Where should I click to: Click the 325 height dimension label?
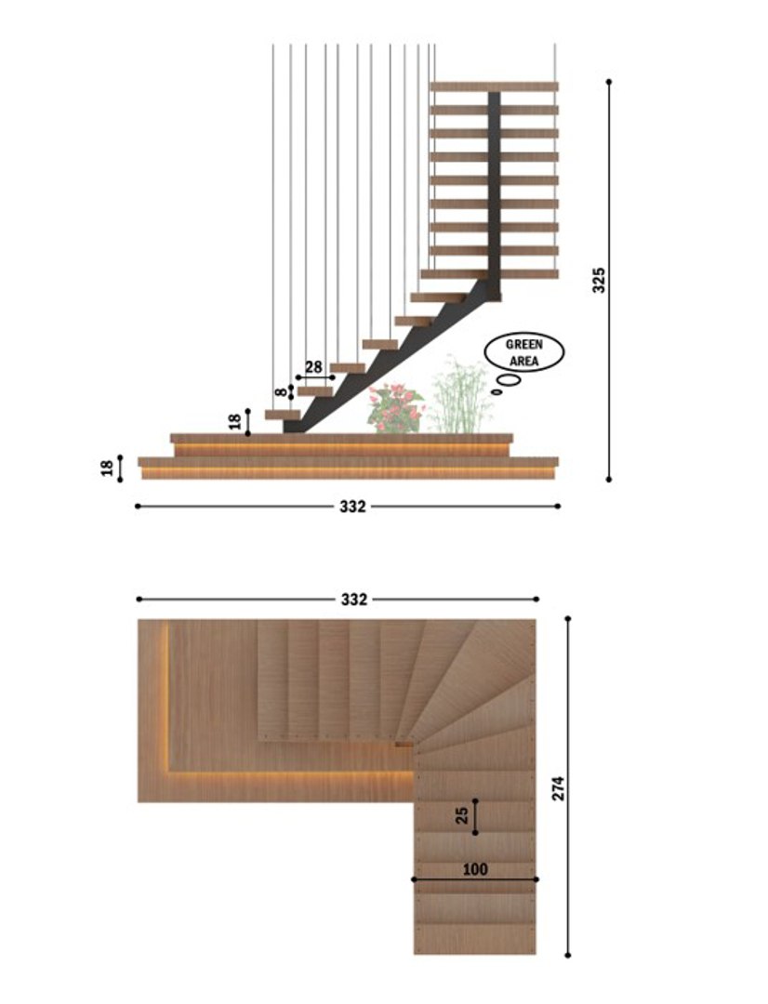pyautogui.click(x=600, y=280)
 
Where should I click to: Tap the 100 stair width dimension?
pyautogui.click(x=474, y=869)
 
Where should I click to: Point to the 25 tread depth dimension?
pyautogui.click(x=462, y=815)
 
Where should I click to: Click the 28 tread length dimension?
pyautogui.click(x=313, y=367)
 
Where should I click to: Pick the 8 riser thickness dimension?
pyautogui.click(x=280, y=393)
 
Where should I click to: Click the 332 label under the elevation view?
pyautogui.click(x=352, y=507)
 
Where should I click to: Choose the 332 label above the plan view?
pyautogui.click(x=353, y=600)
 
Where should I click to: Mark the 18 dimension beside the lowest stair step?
pyautogui.click(x=234, y=421)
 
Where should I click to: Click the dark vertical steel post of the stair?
pyautogui.click(x=494, y=186)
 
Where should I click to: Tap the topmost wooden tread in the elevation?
pyautogui.click(x=494, y=86)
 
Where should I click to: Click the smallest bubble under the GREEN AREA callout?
pyautogui.click(x=496, y=392)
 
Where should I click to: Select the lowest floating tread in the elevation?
pyautogui.click(x=283, y=414)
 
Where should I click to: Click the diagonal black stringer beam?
pyautogui.click(x=391, y=363)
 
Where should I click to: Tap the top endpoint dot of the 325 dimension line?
pyautogui.click(x=609, y=81)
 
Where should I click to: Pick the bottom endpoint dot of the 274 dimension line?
pyautogui.click(x=567, y=954)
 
